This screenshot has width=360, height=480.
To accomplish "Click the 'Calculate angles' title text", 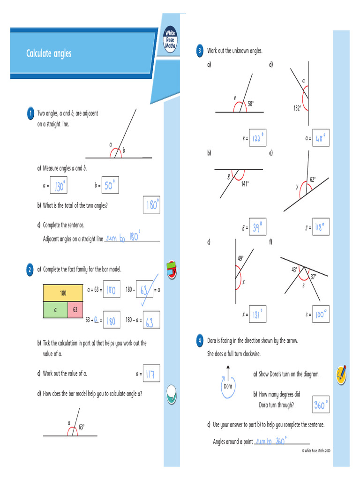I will coord(49,53).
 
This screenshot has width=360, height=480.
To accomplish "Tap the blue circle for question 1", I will coord(30,114).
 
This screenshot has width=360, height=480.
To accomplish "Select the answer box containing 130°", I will coord(60,186).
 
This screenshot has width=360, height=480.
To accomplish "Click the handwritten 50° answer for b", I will coord(110,186).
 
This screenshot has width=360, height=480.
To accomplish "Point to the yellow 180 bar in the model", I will coord(63,293).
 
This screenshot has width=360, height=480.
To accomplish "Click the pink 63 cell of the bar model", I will coord(75,310).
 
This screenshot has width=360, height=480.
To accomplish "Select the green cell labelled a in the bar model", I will coord(55,310).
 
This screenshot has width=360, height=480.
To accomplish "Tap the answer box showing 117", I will coord(151,374).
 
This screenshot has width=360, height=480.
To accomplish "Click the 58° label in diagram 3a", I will coord(251,104).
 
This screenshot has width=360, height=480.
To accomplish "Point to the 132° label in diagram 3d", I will coord(297,108).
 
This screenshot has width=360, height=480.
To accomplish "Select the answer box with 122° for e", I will coord(258,138).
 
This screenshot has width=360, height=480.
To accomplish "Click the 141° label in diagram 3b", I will coord(245,184).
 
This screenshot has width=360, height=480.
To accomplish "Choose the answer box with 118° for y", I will coord(321,227).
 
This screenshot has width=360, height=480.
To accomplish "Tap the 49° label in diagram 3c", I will coord(240,258).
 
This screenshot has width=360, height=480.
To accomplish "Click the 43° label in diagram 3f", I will coord(294,270).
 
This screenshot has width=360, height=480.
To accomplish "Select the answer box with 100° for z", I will coord(321,314).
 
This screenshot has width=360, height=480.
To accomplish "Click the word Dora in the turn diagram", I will coord(228,386).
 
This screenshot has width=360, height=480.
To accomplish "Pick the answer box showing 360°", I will coord(321,405).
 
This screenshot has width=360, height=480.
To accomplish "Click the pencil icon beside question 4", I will coord(341,374).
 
